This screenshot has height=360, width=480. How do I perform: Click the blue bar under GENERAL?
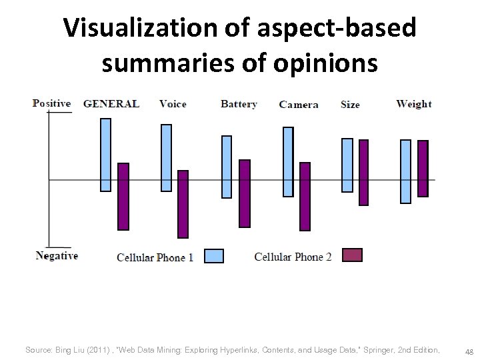click(105, 155)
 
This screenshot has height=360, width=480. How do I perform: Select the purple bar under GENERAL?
click(123, 197)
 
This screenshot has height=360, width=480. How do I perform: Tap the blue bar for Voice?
click(166, 158)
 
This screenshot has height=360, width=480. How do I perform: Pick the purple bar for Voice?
click(183, 204)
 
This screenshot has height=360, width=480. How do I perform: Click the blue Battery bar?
click(227, 167)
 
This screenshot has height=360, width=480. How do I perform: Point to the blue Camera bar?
click(288, 162)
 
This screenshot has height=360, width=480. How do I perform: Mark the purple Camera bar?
click(305, 197)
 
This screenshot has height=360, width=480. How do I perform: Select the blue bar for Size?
click(347, 165)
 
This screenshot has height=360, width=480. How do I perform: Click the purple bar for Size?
click(363, 173)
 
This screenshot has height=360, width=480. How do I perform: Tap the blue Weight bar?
click(405, 171)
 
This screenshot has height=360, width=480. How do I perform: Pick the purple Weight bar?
click(423, 169)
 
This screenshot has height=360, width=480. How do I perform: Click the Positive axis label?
click(51, 103)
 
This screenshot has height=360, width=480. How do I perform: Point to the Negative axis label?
click(57, 256)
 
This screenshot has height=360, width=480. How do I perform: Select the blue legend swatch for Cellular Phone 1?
click(213, 256)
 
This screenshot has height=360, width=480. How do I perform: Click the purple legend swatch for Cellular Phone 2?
click(352, 255)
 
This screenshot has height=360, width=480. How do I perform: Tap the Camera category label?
click(299, 105)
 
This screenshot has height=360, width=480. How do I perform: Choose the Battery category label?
click(239, 104)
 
